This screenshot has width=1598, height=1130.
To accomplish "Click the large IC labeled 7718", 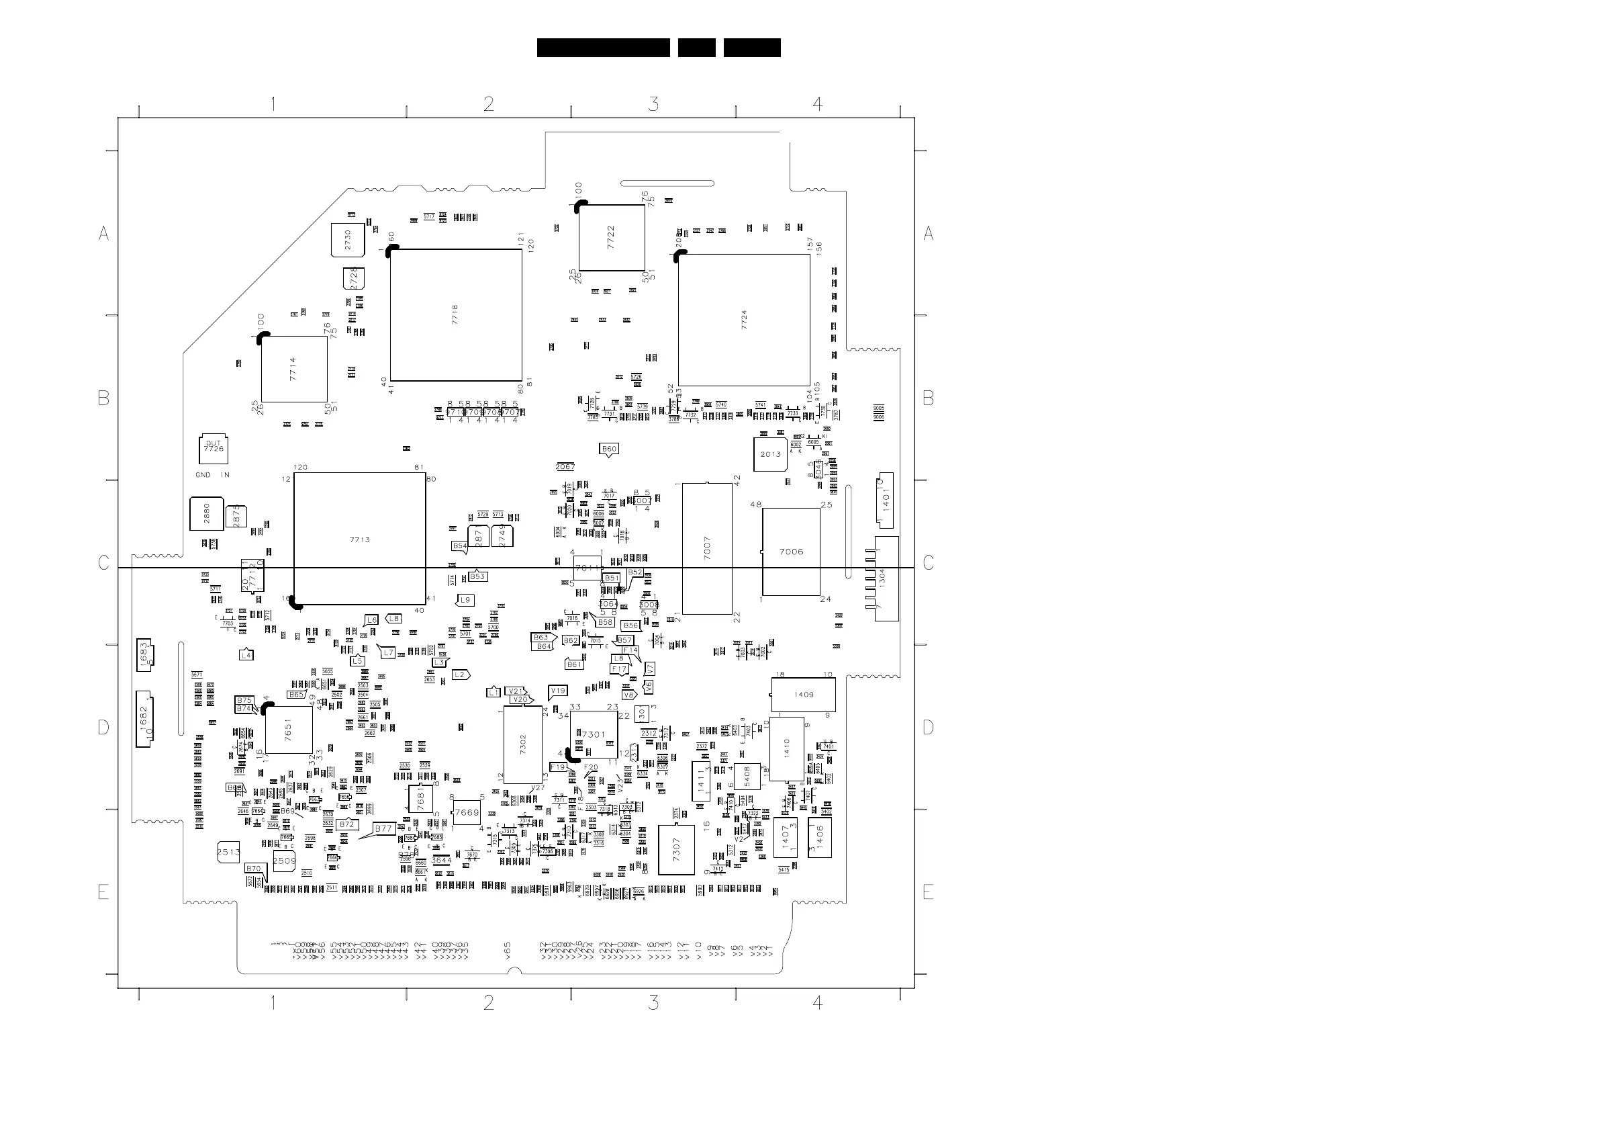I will pos(456,314).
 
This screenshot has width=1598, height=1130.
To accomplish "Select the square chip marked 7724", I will pos(744,320).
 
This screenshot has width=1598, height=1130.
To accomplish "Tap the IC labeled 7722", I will pos(611,237).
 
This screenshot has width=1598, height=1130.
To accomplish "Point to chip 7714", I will pos(293,369).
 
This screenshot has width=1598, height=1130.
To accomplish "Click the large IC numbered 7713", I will pos(359,539).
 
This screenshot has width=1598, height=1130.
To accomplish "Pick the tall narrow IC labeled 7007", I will pos(707,549).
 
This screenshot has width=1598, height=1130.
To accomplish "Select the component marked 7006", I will pos(791,552).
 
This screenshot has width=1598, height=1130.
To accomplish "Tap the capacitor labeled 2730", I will pos(348,240).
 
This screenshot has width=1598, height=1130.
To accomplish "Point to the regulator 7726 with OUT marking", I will pos(213,449).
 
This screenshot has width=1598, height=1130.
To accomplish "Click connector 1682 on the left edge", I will pos(144,719).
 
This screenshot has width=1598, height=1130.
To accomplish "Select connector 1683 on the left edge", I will pos(145,654).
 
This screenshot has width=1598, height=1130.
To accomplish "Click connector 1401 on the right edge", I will pos(885,499).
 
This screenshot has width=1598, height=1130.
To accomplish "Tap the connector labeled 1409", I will pos(804,694).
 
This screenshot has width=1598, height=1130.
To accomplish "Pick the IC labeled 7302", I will pos(522,744).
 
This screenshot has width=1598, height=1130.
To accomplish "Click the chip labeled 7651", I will pos(289,730).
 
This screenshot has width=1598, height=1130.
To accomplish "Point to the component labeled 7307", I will pos(677,849).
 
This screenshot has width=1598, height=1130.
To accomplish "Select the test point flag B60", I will pos(609,449).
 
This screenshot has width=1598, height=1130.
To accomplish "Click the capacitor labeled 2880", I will pos(207,514).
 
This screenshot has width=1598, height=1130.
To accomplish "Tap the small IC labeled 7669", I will pos(467,812).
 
